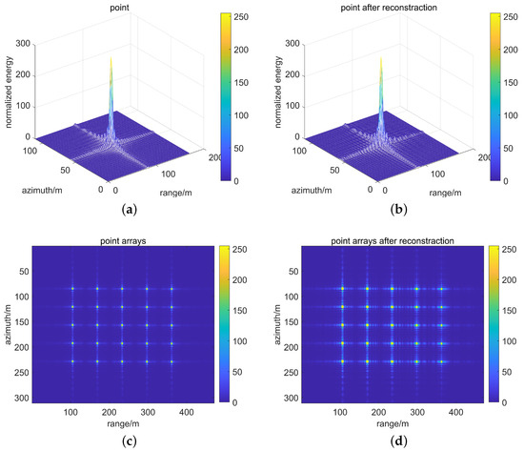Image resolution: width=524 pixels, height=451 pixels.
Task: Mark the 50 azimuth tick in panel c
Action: [22, 270]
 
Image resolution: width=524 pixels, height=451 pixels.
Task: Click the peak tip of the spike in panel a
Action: [111, 57]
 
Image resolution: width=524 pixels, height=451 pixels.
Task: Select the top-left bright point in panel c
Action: [72, 288]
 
